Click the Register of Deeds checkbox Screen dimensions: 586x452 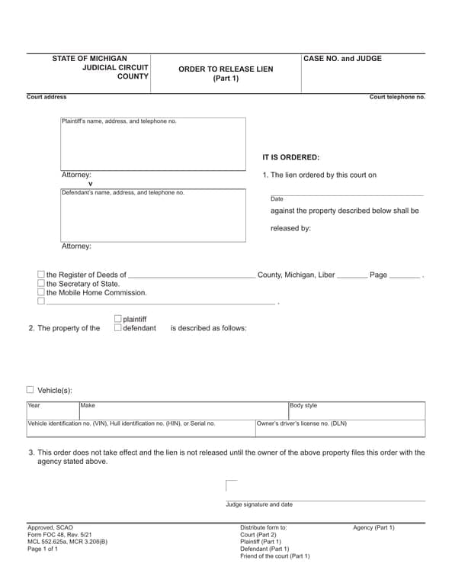pos(41,275)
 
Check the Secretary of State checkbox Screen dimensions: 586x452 pos(41,284)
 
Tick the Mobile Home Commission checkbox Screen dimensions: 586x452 pos(41,292)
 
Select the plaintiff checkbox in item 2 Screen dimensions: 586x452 pos(117,319)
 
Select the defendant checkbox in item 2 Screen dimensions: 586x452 pos(117,328)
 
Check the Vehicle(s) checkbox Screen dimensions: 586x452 pos(30,390)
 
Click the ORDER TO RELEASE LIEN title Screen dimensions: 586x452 pos(226,69)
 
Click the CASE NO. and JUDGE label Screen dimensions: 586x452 pos(342,59)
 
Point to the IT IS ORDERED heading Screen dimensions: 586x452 pos(290,157)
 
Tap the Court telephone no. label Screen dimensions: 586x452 pos(397,97)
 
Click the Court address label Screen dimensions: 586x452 pos(46,97)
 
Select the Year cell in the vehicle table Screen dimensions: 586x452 pos(52,411)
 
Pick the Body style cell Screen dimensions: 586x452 pos(356,411)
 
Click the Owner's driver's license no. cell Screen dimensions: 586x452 pos(340,428)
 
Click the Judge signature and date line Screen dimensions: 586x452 pos(325,500)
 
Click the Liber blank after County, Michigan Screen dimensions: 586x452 pos(351,276)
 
